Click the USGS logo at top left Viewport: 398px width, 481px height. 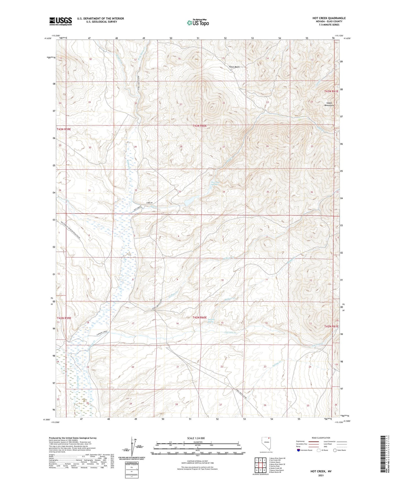pos(60,21)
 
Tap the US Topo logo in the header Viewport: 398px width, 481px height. pos(197,23)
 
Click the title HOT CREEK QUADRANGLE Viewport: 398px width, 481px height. pos(329,18)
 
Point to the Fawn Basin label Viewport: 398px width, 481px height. pos(234,67)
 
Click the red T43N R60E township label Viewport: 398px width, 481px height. pos(199,126)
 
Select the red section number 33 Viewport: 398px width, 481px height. pos(180,191)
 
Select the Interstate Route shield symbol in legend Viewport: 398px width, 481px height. pos(299,450)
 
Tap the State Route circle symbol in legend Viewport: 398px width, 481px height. pos(335,450)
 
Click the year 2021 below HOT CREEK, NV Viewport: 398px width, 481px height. pos(321,475)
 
